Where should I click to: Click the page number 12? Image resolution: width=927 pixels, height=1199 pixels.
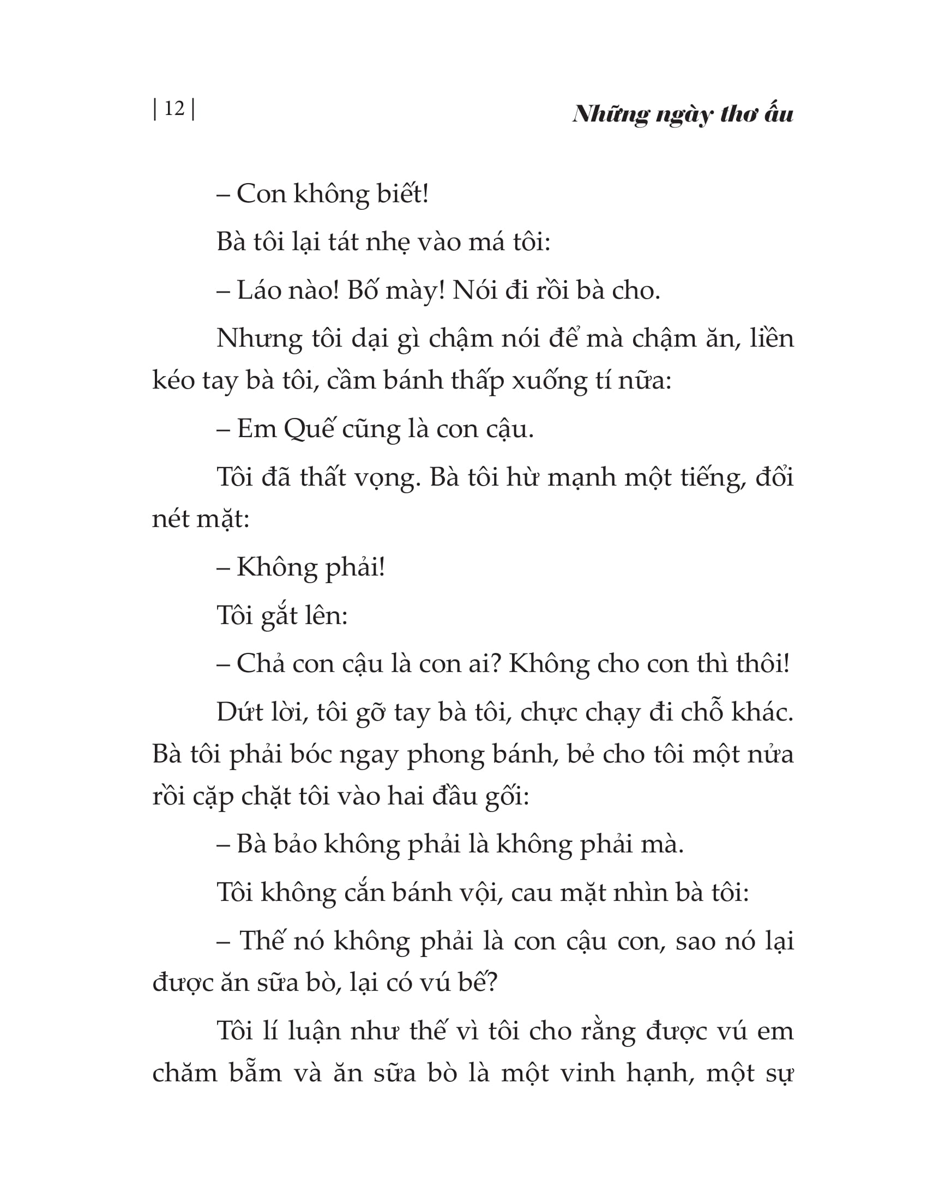174,108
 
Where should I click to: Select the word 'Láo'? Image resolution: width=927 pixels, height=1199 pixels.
256,290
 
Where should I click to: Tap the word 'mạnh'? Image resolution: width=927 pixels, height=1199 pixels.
583,477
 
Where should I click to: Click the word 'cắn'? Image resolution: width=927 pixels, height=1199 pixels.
363,893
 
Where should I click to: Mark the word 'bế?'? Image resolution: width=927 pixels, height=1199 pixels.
478,983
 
